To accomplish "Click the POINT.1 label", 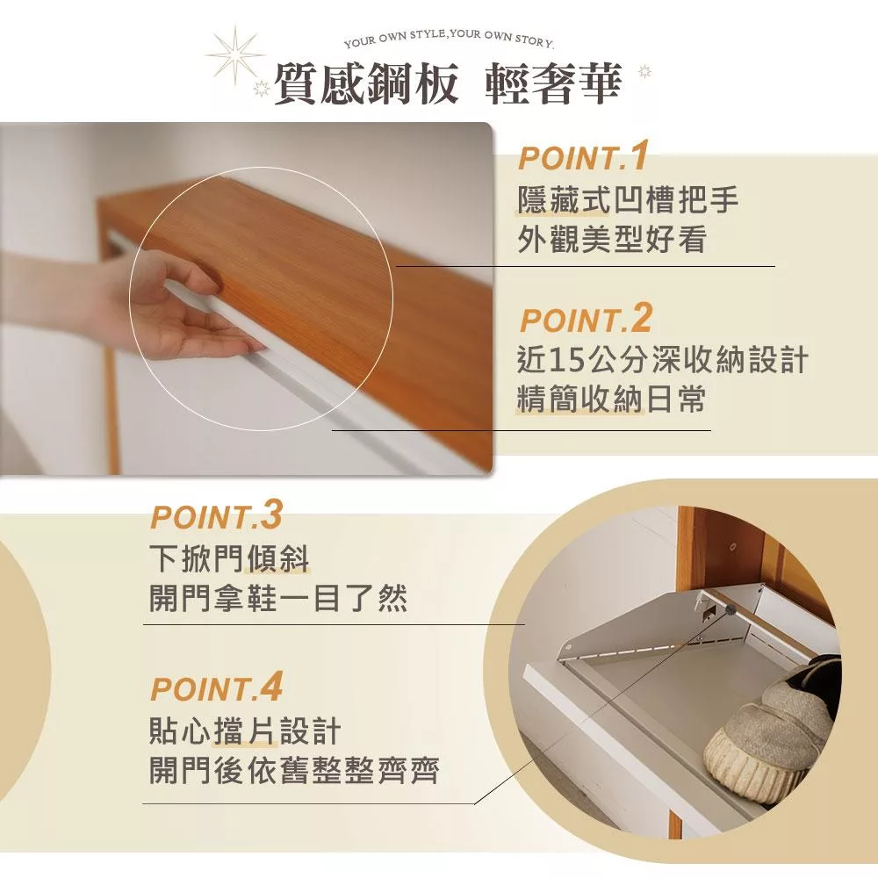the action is (583, 156).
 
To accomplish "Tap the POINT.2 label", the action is (586, 319).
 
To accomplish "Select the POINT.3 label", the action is (216, 515).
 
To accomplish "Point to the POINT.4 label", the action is (216, 687).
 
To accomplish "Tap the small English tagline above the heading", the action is (449, 38).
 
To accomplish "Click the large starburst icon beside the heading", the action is (234, 54).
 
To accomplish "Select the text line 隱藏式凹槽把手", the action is (628, 200).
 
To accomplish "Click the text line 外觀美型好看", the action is (611, 239).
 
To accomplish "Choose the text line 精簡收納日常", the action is (611, 399).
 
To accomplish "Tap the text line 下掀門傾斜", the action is (229, 558).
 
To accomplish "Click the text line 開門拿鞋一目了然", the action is (278, 598).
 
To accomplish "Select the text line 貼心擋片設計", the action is (245, 730).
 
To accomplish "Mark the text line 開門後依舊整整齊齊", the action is (294, 770).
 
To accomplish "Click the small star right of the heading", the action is (645, 72).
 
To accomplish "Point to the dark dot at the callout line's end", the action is (730, 609).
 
